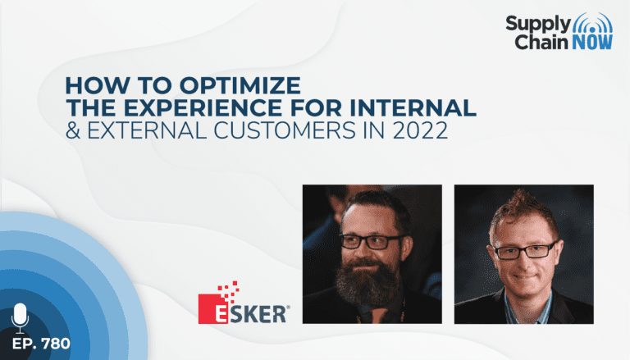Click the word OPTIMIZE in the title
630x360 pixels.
[240, 85]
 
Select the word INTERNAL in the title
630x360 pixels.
[413, 107]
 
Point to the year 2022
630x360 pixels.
[420, 130]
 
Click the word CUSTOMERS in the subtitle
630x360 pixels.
[285, 130]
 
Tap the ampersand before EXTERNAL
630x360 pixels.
[73, 130]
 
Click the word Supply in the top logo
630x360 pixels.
[537, 24]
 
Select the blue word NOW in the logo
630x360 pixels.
[592, 42]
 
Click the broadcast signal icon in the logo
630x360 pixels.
[592, 23]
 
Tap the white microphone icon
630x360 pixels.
[20, 318]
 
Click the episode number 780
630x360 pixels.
[56, 344]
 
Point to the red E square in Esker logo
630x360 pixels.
[217, 309]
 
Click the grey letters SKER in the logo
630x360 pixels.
[262, 314]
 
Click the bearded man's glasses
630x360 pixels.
[371, 241]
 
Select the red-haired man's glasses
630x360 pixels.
[524, 251]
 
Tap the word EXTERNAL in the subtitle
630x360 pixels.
[147, 130]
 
